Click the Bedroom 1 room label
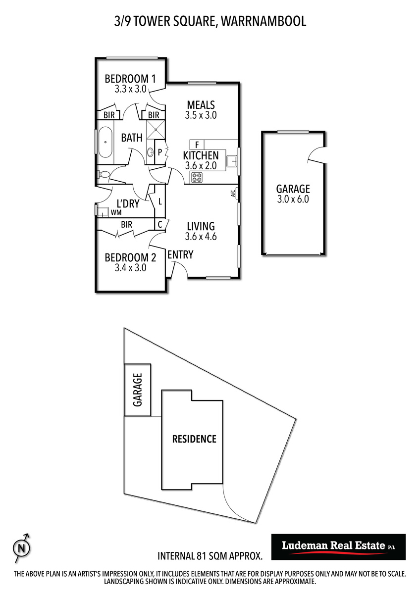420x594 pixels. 130,79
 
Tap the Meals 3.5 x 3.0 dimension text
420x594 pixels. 201,115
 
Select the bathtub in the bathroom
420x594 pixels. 105,143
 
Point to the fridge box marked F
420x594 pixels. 197,145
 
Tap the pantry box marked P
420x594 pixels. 160,152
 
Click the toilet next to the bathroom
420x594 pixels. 104,174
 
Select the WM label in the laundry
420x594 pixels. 116,212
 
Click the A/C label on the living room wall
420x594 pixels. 233,194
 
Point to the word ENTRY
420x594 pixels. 180,254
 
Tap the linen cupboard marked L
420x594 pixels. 160,201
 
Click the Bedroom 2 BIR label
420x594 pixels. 126,225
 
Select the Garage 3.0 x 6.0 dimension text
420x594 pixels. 293,199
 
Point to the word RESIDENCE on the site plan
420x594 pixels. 194,439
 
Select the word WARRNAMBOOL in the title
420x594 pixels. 263,21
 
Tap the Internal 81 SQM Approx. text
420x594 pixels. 210,556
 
